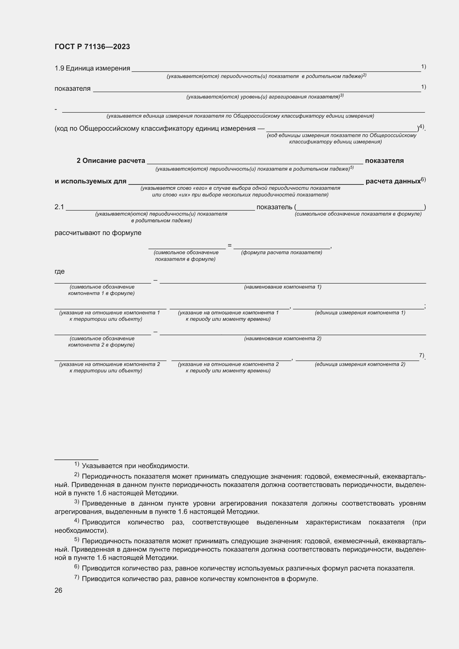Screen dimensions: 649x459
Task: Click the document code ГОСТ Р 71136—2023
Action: pyautogui.click(x=92, y=47)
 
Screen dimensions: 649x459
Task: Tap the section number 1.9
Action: pyautogui.click(x=59, y=69)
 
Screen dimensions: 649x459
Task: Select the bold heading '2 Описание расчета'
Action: pyautogui.click(x=111, y=161)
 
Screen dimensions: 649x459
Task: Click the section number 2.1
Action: pyautogui.click(x=59, y=207)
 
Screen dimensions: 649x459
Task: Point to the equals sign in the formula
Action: pyautogui.click(x=229, y=246)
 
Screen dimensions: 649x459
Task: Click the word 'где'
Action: pyautogui.click(x=60, y=272)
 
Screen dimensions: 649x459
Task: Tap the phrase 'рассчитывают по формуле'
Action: pyautogui.click(x=98, y=233)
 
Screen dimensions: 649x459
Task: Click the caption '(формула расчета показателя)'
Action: pyautogui.click(x=281, y=253)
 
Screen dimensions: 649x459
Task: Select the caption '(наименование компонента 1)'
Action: pyautogui.click(x=283, y=287)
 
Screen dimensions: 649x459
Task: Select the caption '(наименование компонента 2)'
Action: pyautogui.click(x=283, y=339)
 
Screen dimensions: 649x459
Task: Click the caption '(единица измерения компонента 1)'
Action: pyautogui.click(x=360, y=313)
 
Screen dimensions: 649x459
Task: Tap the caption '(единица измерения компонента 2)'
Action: pyautogui.click(x=360, y=365)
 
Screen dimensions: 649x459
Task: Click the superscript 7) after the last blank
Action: pyautogui.click(x=422, y=355)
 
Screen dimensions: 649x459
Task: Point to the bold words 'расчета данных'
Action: pyautogui.click(x=393, y=181)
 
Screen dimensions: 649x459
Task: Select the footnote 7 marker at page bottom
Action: pyautogui.click(x=77, y=577)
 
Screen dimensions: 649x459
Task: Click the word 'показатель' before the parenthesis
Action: pyautogui.click(x=274, y=207)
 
